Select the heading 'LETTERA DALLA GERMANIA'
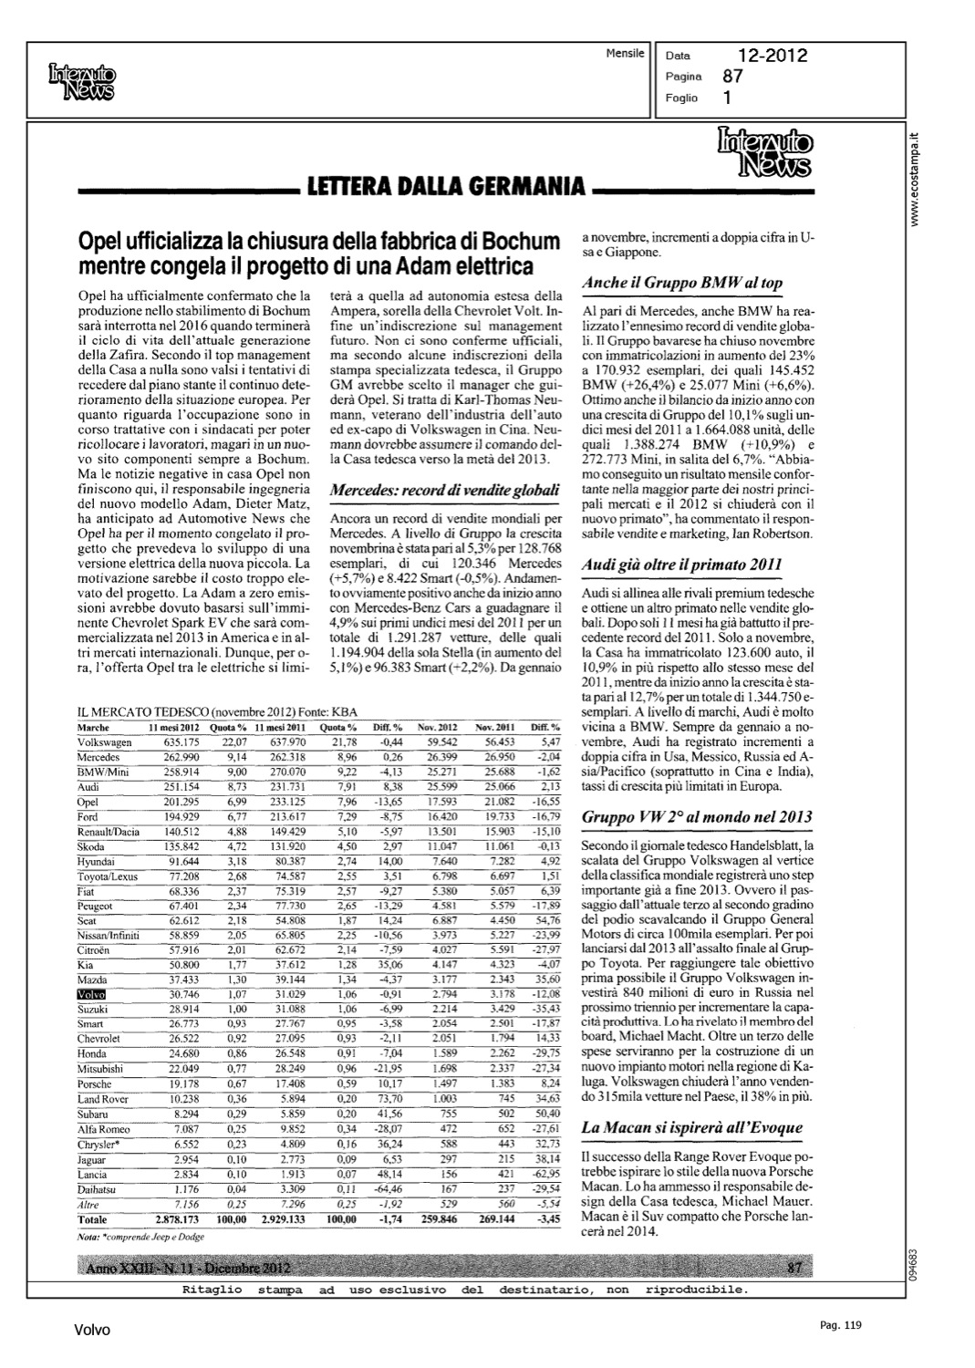[446, 189]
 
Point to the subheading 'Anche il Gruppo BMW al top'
[682, 283]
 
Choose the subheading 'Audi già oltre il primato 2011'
[681, 565]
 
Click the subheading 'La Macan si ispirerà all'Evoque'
[692, 1127]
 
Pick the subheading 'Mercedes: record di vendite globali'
[443, 490]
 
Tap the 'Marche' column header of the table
[94, 728]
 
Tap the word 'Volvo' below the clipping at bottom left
[92, 1331]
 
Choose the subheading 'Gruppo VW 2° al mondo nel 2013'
[697, 816]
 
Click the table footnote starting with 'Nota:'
[140, 1237]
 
